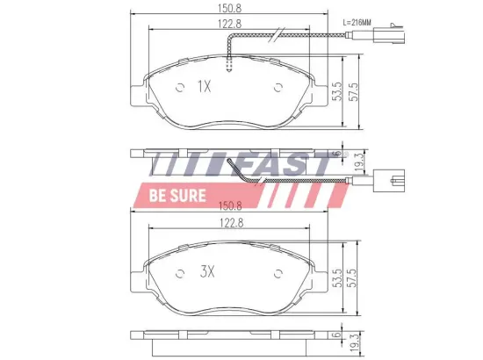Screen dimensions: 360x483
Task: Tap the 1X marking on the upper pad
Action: pos(205,86)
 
